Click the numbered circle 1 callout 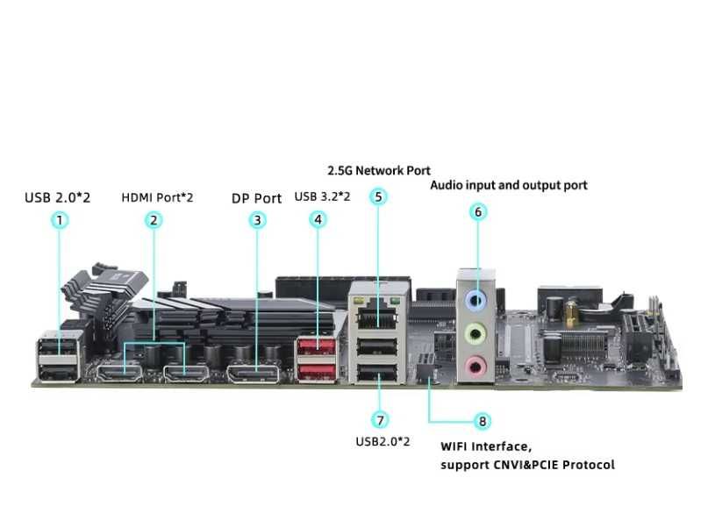tap(60, 220)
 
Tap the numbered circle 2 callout tap(154, 220)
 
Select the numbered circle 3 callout tap(257, 220)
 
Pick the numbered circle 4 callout tap(318, 220)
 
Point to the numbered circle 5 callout tap(378, 196)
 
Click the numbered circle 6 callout tap(478, 211)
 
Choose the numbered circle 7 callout tap(380, 420)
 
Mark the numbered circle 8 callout tap(482, 422)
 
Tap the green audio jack tap(475, 333)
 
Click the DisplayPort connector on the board tap(254, 374)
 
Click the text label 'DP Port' tap(256, 198)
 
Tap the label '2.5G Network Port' tap(379, 170)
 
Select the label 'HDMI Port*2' tap(157, 197)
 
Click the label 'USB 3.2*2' tap(323, 196)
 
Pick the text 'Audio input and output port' tap(508, 185)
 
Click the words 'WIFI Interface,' tap(486, 446)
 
